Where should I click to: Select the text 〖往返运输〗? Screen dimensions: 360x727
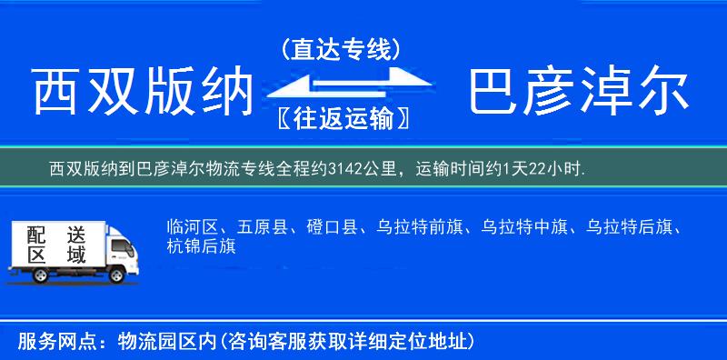[340, 118]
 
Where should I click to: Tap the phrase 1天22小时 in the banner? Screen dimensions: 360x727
[545, 168]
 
